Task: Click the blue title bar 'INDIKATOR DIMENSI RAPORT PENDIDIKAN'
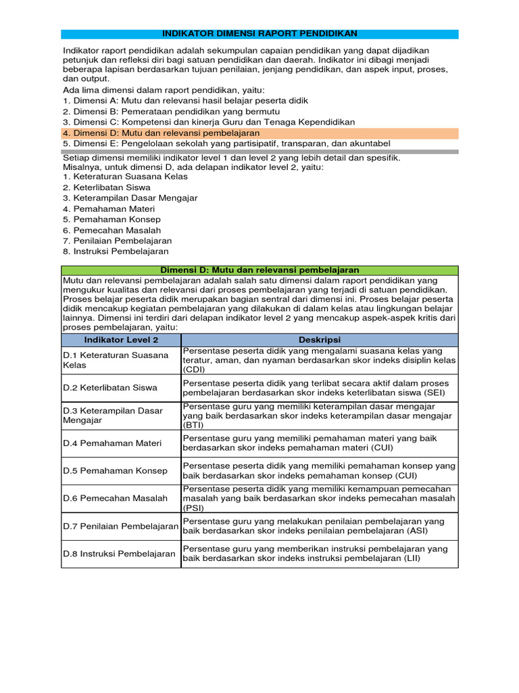click(x=259, y=34)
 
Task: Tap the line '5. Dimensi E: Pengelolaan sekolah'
click(x=226, y=143)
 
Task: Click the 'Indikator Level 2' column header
click(x=121, y=340)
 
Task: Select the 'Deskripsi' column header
click(x=320, y=340)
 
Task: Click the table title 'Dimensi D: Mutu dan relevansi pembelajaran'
click(x=259, y=270)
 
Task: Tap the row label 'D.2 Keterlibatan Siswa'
click(x=110, y=388)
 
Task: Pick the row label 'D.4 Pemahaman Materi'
click(x=112, y=443)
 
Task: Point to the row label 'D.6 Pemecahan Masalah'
click(x=115, y=498)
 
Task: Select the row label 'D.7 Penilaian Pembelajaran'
click(x=120, y=526)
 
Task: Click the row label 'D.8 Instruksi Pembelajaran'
click(x=119, y=554)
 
